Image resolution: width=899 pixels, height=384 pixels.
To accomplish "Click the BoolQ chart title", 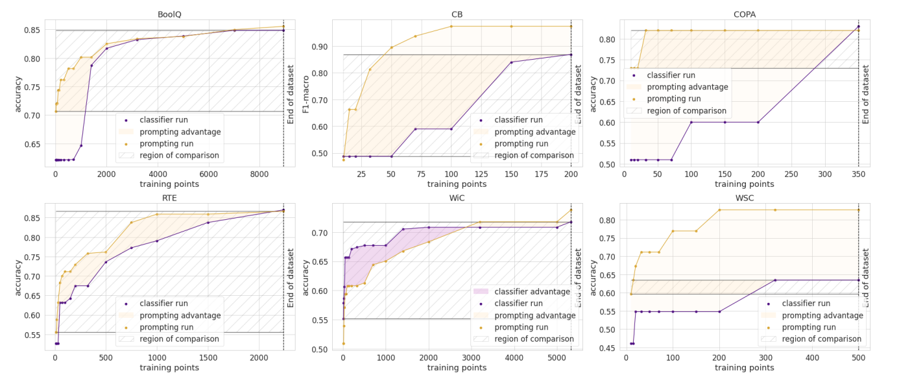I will click(x=169, y=14).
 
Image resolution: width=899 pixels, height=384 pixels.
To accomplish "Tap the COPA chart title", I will click(x=744, y=14).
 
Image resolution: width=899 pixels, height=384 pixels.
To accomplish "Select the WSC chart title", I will click(x=744, y=197).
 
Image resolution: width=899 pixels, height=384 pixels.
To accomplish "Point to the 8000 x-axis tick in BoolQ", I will click(x=259, y=174).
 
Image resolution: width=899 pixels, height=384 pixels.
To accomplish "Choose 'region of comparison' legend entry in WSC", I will click(x=822, y=339).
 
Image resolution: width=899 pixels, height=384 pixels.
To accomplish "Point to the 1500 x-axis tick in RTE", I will click(x=208, y=357).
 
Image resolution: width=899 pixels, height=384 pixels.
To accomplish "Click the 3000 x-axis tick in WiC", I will click(x=472, y=357).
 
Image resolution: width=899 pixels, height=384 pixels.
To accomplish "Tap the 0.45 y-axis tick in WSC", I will click(x=608, y=349).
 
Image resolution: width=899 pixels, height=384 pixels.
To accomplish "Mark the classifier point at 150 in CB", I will click(x=511, y=62).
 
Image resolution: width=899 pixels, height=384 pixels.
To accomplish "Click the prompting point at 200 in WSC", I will click(x=719, y=210).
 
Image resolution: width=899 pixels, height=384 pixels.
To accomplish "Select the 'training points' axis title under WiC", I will click(x=457, y=368).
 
